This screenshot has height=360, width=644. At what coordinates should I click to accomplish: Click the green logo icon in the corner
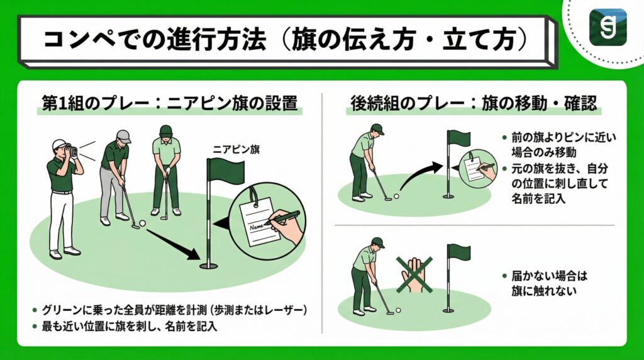coord(608,26)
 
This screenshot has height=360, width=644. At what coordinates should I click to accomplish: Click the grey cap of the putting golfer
coord(123,136)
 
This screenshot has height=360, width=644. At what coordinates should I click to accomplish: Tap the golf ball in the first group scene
coord(142,223)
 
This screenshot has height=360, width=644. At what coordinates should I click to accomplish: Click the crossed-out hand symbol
coord(413,274)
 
